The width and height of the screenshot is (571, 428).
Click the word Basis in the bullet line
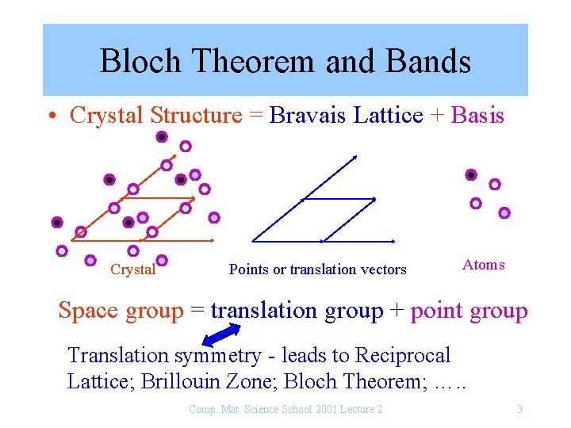477,116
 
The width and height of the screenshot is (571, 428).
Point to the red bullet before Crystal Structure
50,117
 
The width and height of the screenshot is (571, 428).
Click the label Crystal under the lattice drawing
132,269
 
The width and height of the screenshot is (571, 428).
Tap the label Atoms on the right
483,265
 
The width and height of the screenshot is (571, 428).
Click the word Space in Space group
89,311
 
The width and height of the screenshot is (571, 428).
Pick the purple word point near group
438,311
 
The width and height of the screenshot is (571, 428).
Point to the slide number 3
519,409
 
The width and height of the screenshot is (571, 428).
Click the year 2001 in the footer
324,409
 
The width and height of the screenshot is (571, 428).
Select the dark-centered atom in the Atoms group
471,174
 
